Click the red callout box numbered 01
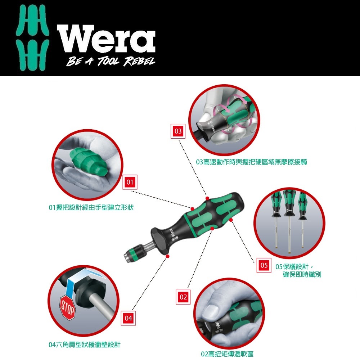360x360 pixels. tap(130, 182)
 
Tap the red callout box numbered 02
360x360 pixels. tap(183, 297)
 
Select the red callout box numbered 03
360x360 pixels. tap(178, 131)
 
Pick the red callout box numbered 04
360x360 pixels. tap(128, 318)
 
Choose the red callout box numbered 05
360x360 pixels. tap(264, 265)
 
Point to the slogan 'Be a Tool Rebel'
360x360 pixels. tap(111, 61)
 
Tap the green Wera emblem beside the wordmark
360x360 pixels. tap(33, 37)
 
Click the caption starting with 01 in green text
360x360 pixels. tap(91, 208)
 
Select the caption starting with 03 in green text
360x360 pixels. tap(251, 162)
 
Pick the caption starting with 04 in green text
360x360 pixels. tap(85, 345)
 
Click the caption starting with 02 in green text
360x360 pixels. tap(227, 354)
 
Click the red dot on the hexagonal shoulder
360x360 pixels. tap(168, 256)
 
